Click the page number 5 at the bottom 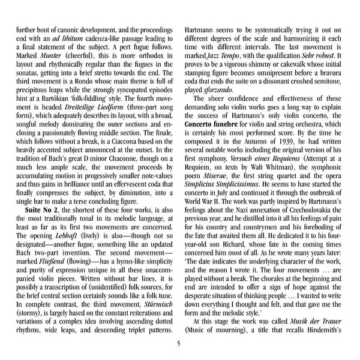point(179,343)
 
